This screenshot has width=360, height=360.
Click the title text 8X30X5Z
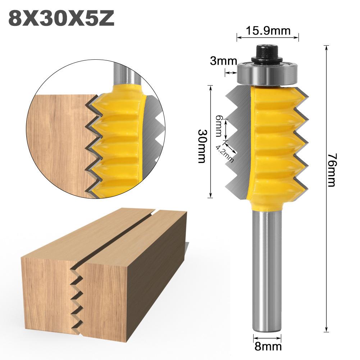[x=61, y=19]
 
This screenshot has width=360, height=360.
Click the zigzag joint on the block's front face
[x=77, y=295]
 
